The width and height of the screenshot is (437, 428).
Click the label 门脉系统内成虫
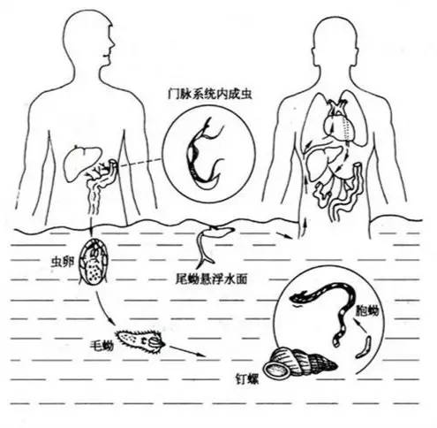(210, 94)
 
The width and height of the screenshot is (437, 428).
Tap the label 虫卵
(63, 262)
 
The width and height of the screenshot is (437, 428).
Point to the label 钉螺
(247, 379)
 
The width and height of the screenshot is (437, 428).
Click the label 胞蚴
(367, 310)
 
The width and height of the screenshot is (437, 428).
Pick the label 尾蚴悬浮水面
(211, 279)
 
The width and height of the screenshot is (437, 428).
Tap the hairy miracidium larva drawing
(140, 342)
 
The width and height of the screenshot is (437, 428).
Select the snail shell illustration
(298, 363)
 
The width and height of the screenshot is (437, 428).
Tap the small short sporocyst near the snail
(364, 348)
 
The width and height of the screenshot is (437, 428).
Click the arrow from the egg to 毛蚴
(103, 308)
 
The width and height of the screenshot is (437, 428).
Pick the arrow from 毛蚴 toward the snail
(187, 351)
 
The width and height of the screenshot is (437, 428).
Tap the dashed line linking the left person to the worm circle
(139, 163)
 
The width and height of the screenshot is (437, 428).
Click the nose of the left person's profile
(113, 43)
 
